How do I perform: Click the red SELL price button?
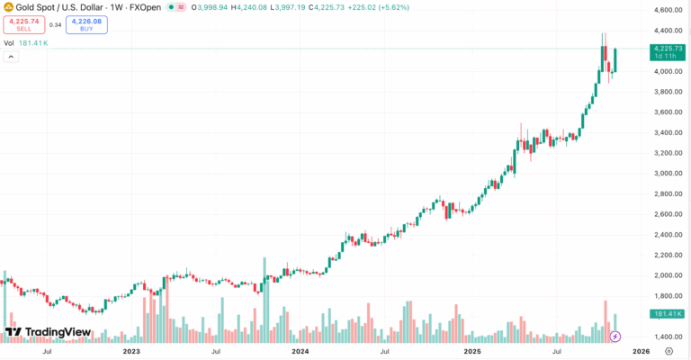pos(23,24)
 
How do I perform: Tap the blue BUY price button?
pos(86,24)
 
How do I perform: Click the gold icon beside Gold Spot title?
pos(8,6)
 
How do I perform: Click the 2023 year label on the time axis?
pos(132,352)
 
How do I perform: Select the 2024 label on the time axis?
pos(301,352)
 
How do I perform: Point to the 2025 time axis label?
pos(471,352)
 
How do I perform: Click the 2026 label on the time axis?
pos(640,352)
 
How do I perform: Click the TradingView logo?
pos(47,332)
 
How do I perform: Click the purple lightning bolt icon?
pos(615,337)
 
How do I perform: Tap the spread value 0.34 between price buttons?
pos(55,24)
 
